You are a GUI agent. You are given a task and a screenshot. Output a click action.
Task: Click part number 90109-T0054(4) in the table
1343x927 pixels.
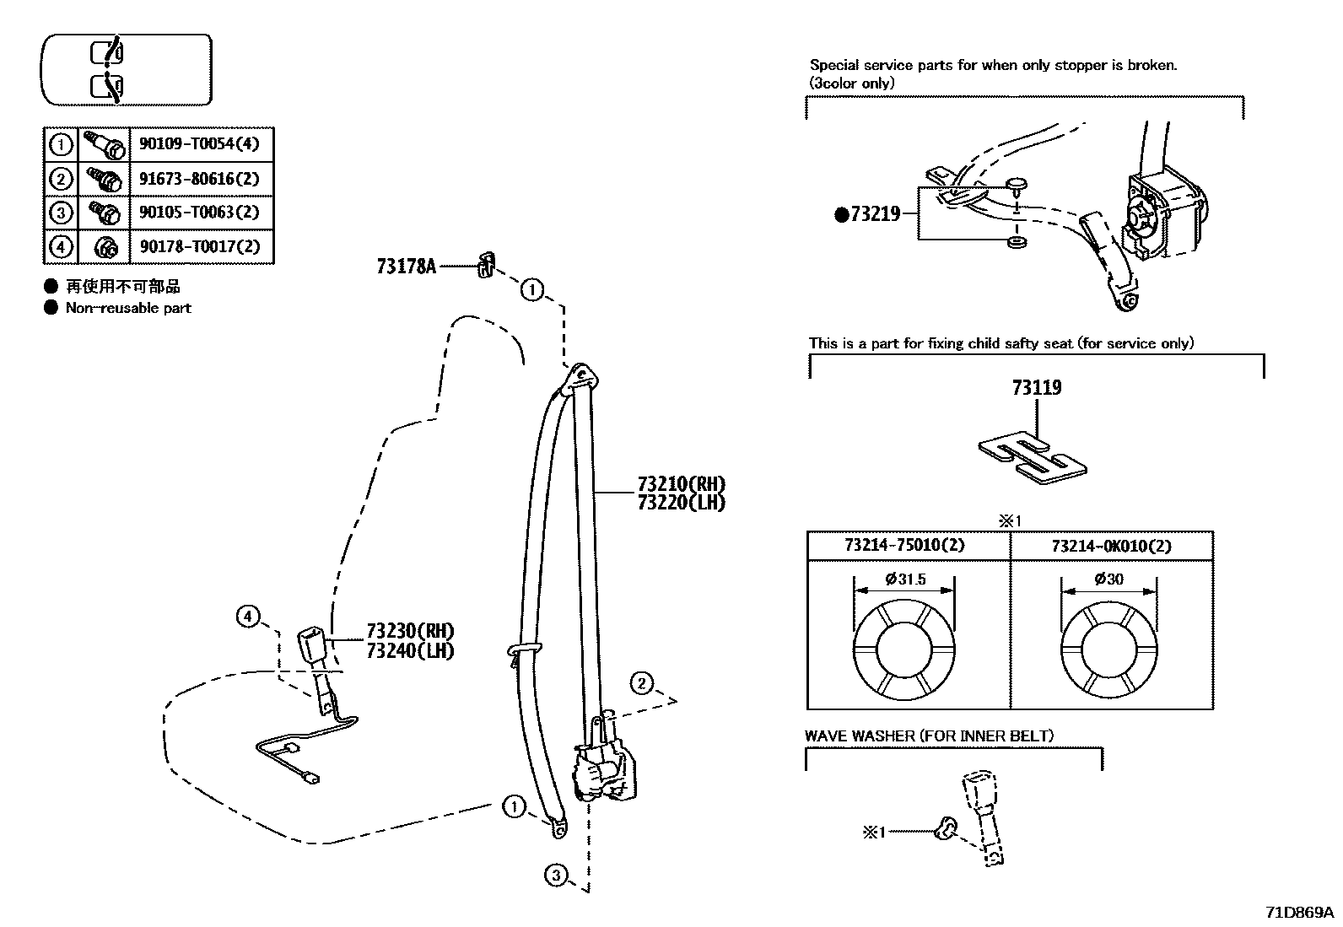click(199, 144)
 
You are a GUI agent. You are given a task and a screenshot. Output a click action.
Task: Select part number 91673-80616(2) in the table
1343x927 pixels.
click(199, 179)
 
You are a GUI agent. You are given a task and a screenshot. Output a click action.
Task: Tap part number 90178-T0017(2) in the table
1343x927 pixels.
click(199, 247)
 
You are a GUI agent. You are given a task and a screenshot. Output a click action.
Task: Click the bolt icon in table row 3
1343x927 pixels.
click(103, 212)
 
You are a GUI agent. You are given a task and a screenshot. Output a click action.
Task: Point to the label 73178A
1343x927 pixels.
click(406, 267)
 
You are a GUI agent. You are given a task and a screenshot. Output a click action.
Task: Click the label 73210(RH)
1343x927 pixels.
click(681, 484)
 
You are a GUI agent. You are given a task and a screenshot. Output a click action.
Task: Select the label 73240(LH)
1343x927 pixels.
click(410, 650)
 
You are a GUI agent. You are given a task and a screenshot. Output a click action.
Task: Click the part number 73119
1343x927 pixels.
click(1037, 388)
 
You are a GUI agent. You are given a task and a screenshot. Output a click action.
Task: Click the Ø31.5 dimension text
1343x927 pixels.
click(905, 579)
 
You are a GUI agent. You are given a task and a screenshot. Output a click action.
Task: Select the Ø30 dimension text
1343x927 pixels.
click(1108, 579)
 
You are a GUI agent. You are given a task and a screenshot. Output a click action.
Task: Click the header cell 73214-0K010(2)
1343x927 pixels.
click(1111, 546)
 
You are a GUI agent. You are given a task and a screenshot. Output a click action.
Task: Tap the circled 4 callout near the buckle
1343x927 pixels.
click(247, 617)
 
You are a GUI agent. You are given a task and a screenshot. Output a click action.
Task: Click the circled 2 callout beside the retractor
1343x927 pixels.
click(642, 683)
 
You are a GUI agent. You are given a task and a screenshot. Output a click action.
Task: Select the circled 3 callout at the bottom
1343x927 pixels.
click(555, 876)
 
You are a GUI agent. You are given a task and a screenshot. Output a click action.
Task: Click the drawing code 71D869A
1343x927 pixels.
click(1299, 913)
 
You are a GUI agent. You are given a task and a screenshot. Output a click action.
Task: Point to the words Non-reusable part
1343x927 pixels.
click(128, 309)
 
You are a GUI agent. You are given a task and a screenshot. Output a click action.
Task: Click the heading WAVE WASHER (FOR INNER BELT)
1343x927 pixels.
click(929, 736)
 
